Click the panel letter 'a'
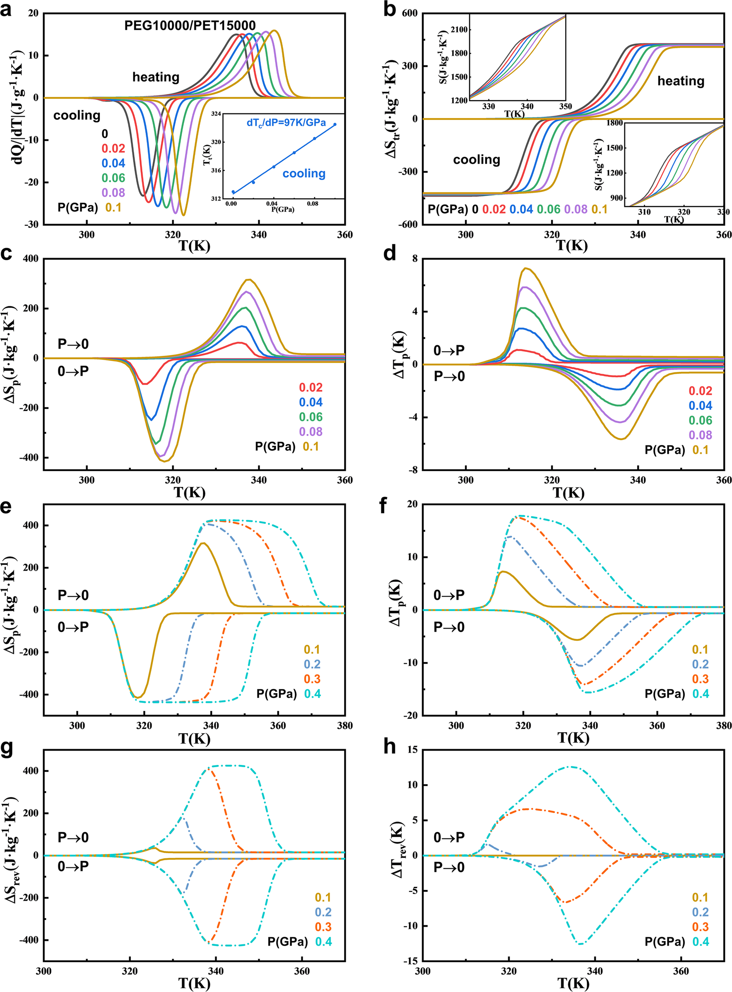pyautogui.click(x=6, y=10)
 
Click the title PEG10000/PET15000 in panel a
pyautogui.click(x=190, y=25)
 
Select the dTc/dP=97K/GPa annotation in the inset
pyautogui.click(x=286, y=123)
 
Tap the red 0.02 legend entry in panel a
pyautogui.click(x=113, y=148)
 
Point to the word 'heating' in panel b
pyautogui.click(x=681, y=81)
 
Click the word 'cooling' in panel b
pyautogui.click(x=476, y=159)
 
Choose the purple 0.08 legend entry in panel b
pyautogui.click(x=575, y=209)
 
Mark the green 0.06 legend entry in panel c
pyautogui.click(x=311, y=417)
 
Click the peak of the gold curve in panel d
pyautogui.click(x=526, y=268)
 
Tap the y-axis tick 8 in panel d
pyautogui.click(x=415, y=259)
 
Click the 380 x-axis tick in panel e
pyautogui.click(x=345, y=726)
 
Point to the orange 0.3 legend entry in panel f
pyautogui.click(x=700, y=679)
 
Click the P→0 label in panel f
pyautogui.click(x=449, y=627)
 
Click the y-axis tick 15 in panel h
pyautogui.click(x=412, y=750)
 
